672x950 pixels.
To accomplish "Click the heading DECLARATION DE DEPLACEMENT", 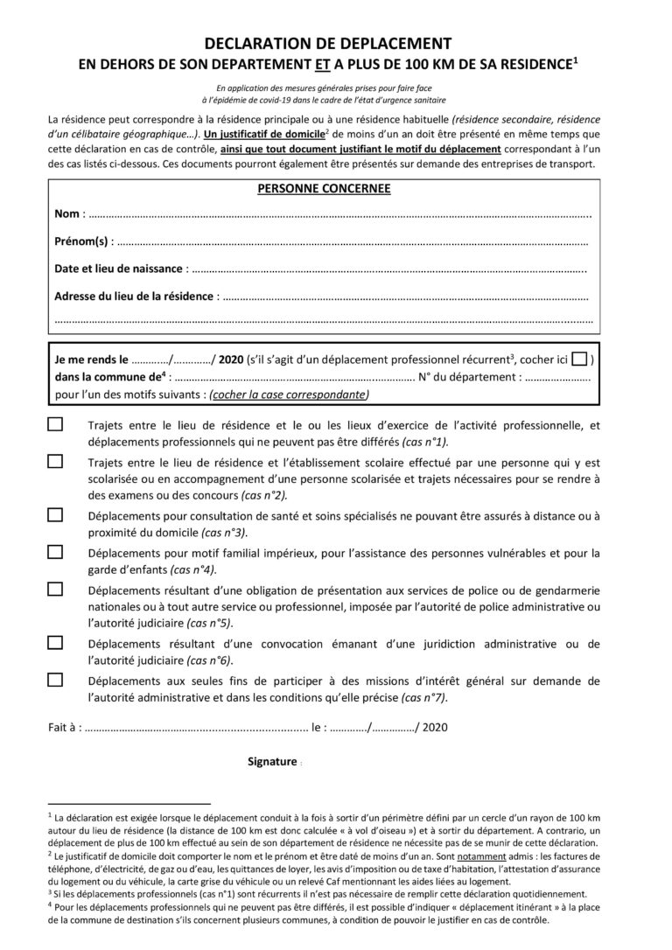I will coord(328,43).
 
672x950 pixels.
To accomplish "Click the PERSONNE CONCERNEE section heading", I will coord(324,188).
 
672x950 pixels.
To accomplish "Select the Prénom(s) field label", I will coord(81,241).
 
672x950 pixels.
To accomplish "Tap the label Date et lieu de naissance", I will coord(119,269).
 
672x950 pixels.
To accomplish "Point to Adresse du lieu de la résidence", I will coord(133,296).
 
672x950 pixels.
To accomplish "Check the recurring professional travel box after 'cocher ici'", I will coord(577,360).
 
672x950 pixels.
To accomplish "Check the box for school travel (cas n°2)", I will coord(55,461).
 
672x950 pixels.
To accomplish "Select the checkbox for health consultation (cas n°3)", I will coord(55,514).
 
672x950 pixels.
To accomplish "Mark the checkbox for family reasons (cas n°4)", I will coord(55,552).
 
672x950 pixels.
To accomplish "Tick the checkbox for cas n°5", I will coord(55,588).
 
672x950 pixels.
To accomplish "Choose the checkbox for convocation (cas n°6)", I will coord(55,642).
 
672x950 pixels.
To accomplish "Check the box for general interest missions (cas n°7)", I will coord(55,679).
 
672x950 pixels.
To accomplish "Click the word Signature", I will coord(272,761).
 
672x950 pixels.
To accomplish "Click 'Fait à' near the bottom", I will coord(64,726).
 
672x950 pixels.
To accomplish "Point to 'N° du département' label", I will coord(471,377).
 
